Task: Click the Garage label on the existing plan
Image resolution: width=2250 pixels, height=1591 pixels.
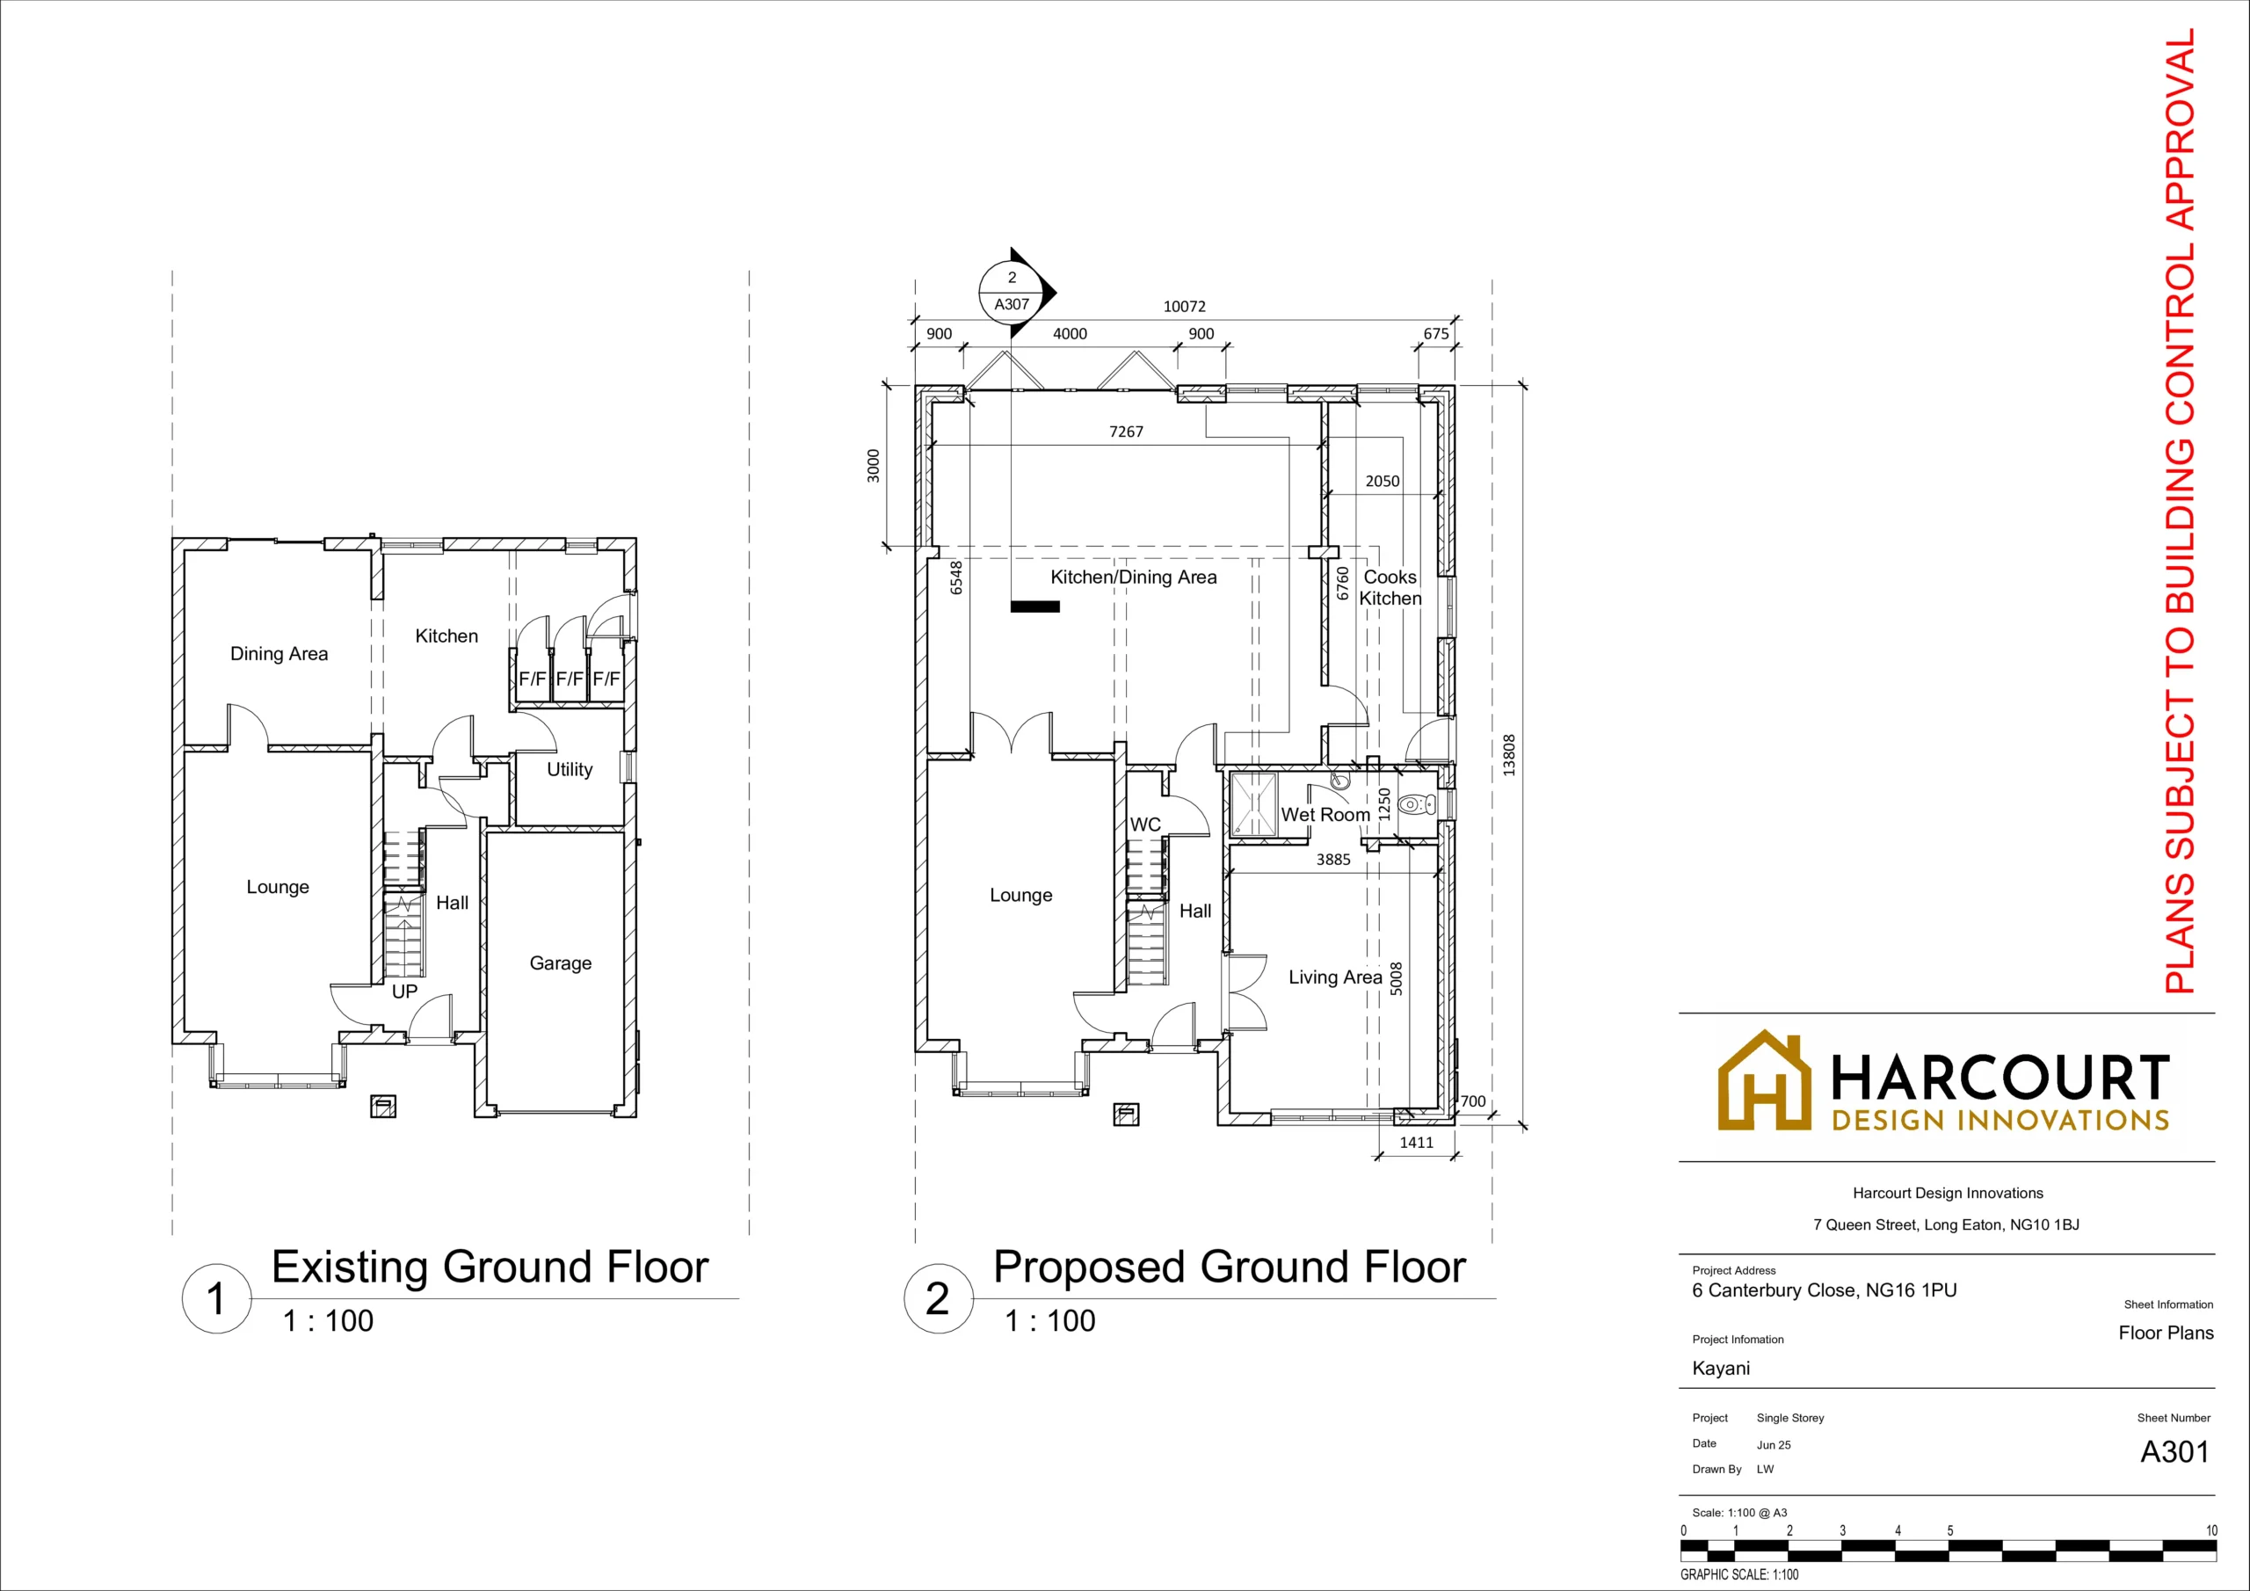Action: tap(561, 963)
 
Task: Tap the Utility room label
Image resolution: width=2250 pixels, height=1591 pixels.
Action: tap(570, 769)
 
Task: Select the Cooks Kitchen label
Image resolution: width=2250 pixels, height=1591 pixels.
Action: tap(1390, 587)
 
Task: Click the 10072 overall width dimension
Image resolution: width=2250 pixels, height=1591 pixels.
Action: tap(1184, 307)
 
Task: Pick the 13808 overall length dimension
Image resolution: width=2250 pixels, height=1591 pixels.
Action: tap(1509, 756)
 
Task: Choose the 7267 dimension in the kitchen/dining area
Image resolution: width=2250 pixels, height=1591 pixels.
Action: tap(1126, 432)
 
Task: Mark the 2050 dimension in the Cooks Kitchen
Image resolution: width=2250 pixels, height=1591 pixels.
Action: tap(1383, 482)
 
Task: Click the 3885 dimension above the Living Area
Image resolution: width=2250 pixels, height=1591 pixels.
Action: tap(1332, 860)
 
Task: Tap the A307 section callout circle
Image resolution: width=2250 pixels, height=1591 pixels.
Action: tap(1012, 291)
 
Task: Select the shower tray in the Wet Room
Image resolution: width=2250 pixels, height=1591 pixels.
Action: tap(1253, 803)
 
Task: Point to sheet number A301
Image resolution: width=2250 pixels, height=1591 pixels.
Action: tap(2174, 1452)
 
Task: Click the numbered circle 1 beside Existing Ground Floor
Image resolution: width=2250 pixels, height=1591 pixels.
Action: tap(216, 1299)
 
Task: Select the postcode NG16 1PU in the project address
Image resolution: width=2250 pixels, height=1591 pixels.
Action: tap(1911, 1291)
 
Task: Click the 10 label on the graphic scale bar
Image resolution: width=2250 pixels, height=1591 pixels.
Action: tap(2210, 1530)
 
